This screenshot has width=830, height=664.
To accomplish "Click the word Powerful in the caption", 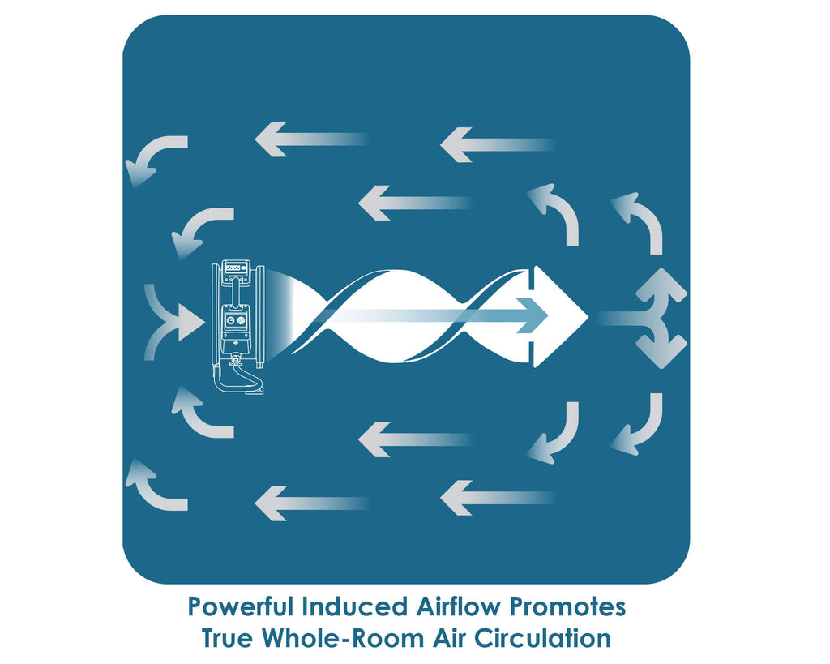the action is tap(240, 606).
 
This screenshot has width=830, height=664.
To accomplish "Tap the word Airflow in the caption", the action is tap(458, 606).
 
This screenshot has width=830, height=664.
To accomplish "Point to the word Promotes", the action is tap(567, 606).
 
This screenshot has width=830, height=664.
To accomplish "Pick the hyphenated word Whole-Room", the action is tap(344, 637).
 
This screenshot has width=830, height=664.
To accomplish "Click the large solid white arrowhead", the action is tap(558, 316).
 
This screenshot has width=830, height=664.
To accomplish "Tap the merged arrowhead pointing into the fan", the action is tap(188, 322).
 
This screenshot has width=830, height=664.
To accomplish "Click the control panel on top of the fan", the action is tap(237, 268).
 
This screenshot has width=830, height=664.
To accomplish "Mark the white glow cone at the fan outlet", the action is tap(279, 315).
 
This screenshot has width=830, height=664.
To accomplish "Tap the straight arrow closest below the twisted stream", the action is tap(415, 439).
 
